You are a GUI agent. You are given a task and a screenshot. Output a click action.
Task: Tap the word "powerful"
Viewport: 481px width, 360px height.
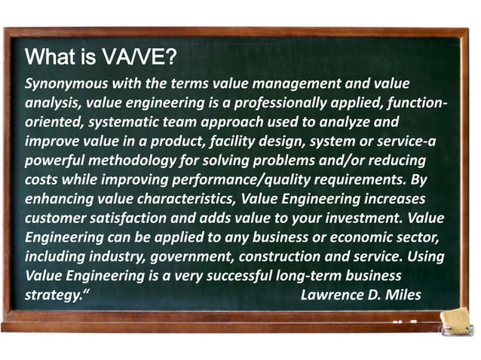pyautogui.click(x=55, y=160)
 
